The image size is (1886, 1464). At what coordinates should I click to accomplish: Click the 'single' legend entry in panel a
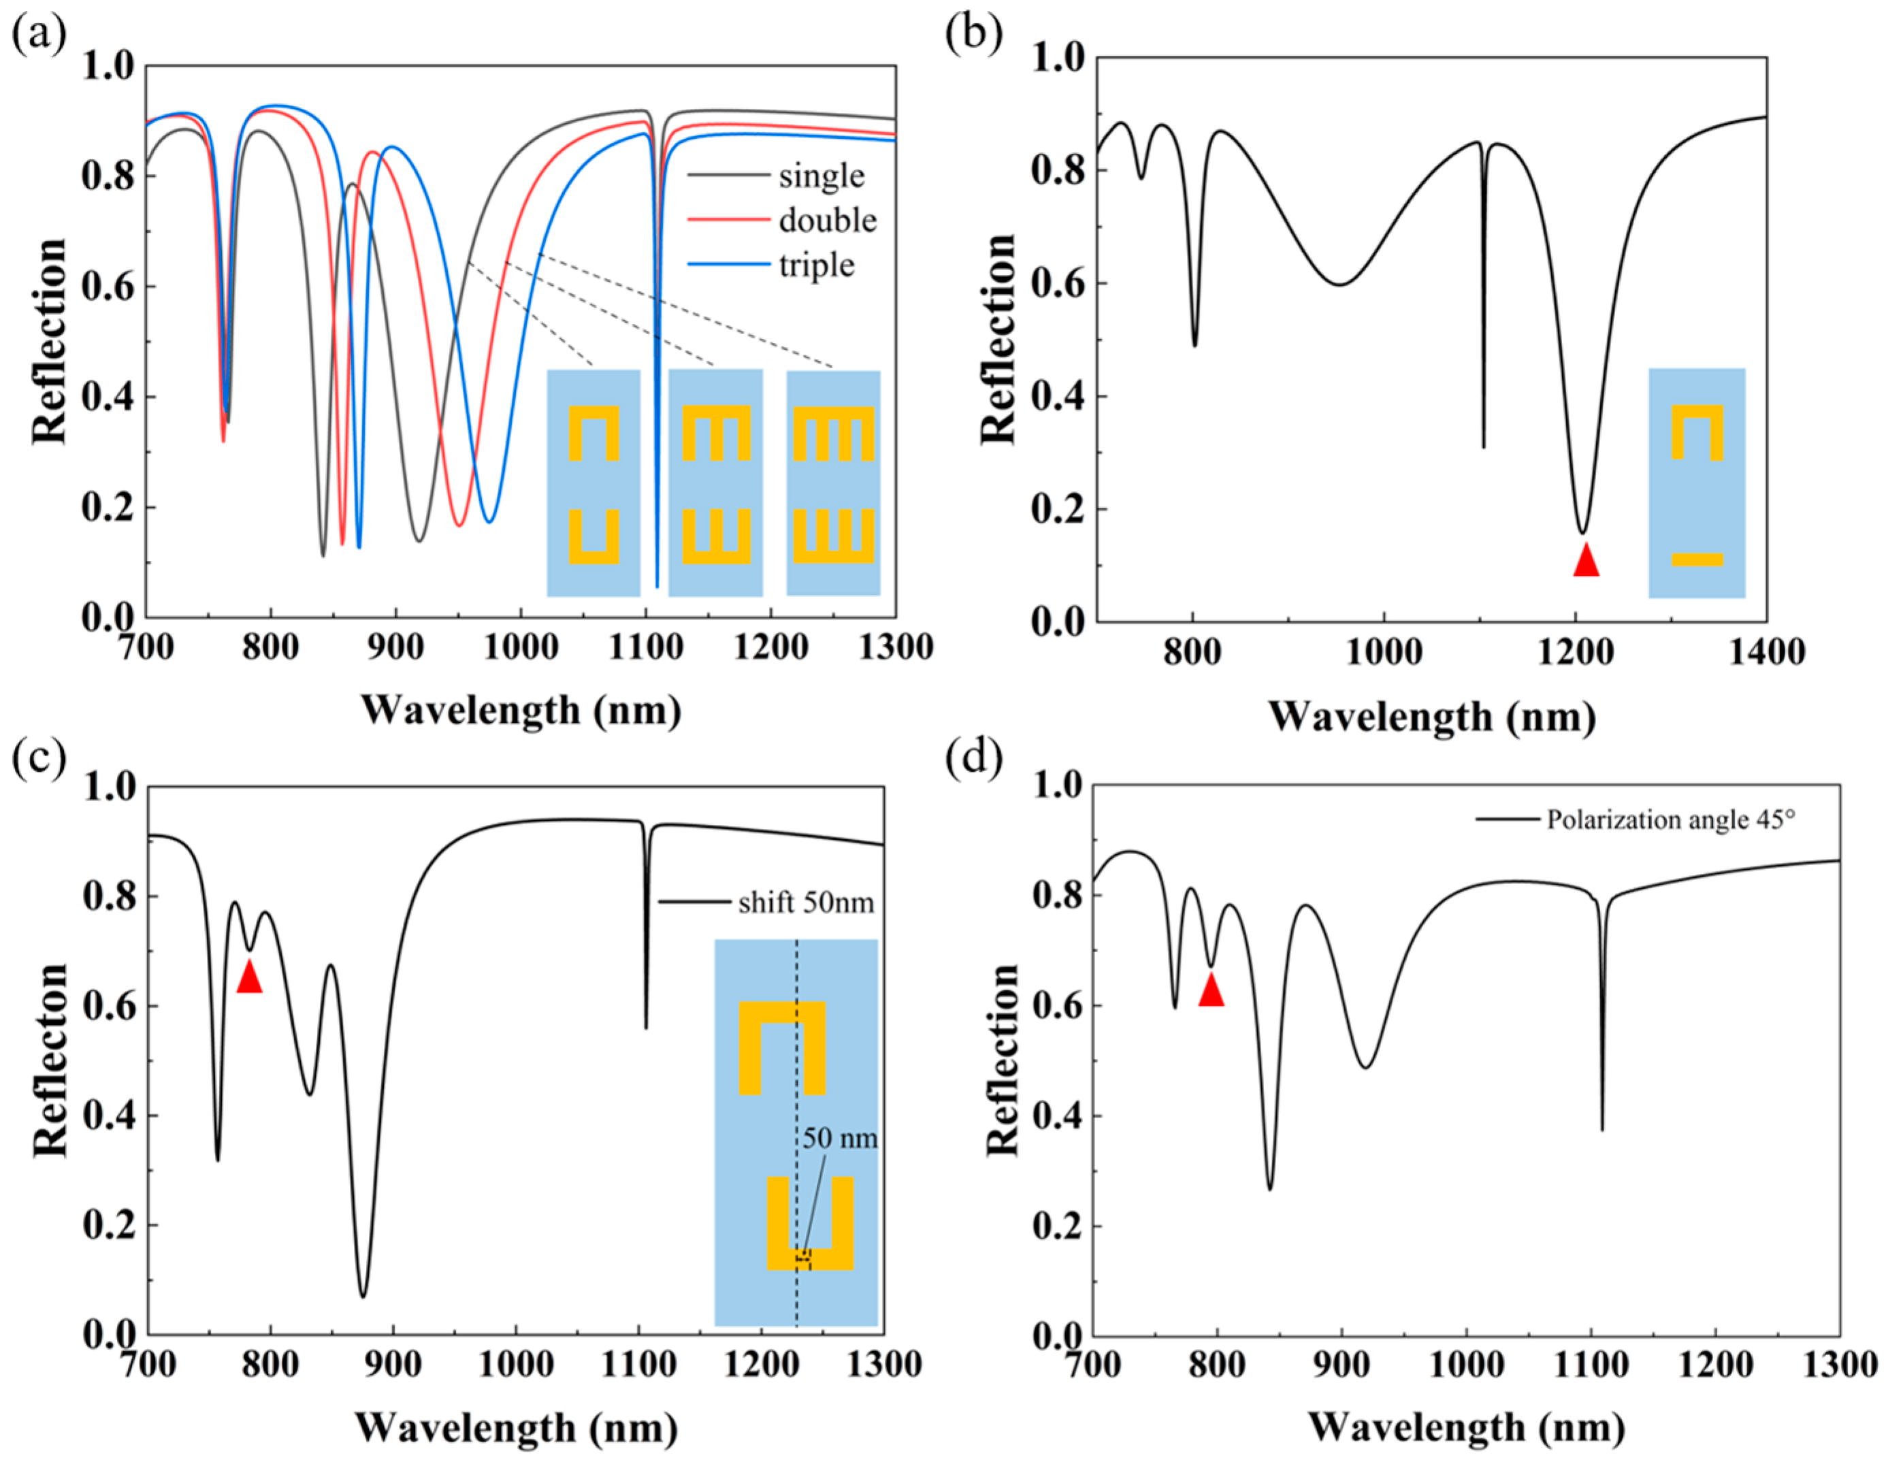pos(820,176)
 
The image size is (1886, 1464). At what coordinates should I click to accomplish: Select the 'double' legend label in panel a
pos(826,221)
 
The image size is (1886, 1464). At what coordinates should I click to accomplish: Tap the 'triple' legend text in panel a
pos(816,265)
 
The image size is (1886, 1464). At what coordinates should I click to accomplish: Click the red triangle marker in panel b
pos(1585,562)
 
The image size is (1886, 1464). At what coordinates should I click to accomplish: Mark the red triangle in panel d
pos(1211,992)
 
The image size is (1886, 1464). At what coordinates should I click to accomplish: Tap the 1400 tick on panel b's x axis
pos(1767,652)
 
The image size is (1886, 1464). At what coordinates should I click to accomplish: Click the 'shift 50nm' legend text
pos(804,903)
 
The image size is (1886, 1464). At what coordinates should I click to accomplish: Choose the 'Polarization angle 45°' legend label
pos(1670,819)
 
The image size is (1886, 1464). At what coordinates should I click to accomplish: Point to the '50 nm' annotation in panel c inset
pos(839,1139)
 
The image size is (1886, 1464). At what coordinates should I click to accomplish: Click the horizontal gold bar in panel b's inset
pos(1697,559)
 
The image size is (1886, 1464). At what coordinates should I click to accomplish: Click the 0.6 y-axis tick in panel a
pos(108,287)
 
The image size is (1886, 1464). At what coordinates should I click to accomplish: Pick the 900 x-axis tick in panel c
pos(394,1365)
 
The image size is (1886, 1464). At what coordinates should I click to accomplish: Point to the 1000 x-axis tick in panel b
pos(1384,652)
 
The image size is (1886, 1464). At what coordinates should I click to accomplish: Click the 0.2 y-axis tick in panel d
pos(1057,1226)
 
